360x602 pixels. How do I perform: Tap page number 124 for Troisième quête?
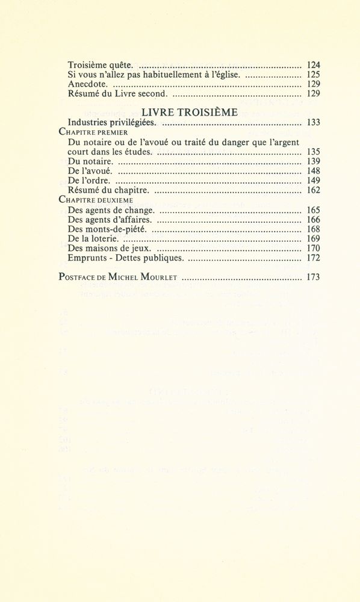(x=313, y=65)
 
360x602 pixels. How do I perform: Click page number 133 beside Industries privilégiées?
(x=313, y=122)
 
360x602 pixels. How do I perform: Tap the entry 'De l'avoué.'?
(x=90, y=172)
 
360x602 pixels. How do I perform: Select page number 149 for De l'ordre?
(x=313, y=181)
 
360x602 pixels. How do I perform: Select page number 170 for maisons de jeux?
(x=313, y=249)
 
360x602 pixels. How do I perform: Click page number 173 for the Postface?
(x=313, y=278)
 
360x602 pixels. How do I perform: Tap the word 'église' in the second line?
(x=227, y=75)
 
